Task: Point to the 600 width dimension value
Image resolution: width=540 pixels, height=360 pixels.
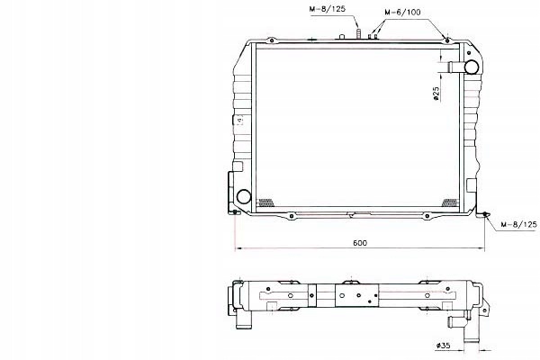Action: click(x=360, y=243)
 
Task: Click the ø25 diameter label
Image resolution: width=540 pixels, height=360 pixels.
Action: click(x=436, y=93)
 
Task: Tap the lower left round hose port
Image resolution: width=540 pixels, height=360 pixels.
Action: click(x=243, y=196)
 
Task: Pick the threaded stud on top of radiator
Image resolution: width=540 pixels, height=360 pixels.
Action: click(x=358, y=34)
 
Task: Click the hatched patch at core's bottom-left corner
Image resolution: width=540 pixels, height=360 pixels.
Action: click(x=265, y=202)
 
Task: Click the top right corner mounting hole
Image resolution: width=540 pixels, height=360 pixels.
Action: click(x=447, y=40)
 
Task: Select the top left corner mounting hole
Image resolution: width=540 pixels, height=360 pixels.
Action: click(x=268, y=40)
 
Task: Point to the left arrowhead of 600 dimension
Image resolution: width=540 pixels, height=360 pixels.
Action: click(x=237, y=248)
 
